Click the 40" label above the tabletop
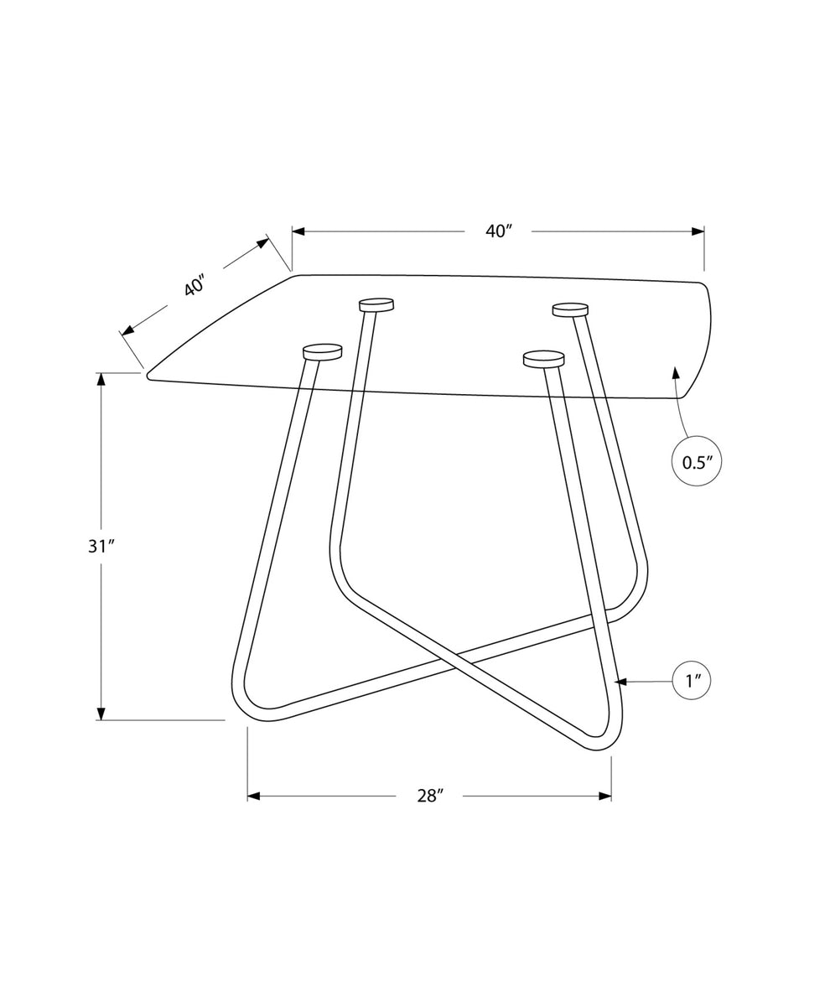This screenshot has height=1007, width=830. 498,231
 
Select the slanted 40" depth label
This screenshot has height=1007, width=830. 195,284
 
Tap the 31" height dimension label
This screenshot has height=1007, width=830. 101,547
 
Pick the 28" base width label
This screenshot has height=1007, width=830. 430,795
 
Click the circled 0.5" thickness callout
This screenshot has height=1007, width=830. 697,462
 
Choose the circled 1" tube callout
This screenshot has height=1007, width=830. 692,682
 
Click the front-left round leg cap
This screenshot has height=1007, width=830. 322,352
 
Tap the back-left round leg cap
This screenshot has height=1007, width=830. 376,304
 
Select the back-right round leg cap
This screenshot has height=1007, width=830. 570,309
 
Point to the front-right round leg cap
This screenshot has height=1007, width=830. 543,358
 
